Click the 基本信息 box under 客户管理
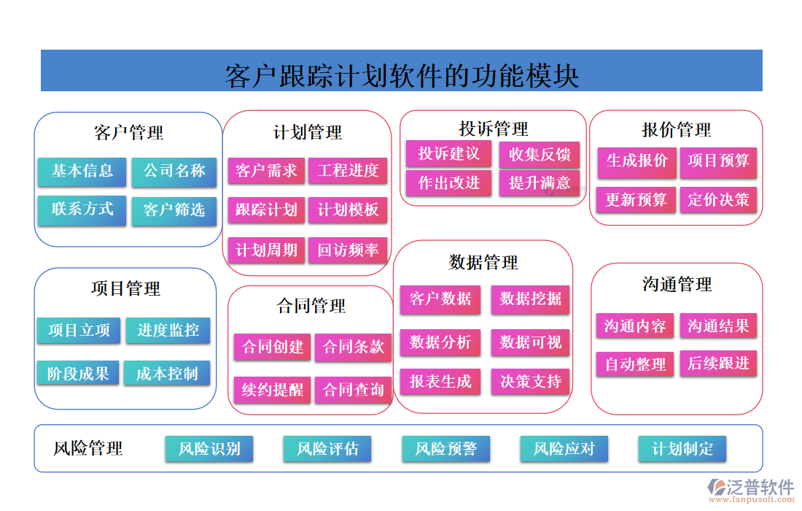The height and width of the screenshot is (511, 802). [82, 172]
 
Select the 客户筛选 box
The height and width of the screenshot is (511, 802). [174, 210]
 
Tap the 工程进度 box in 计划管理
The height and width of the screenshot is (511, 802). [348, 171]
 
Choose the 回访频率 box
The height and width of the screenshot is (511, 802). [348, 250]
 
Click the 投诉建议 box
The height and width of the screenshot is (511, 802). [448, 154]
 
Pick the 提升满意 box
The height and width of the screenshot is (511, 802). [540, 182]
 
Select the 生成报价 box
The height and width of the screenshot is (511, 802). [636, 161]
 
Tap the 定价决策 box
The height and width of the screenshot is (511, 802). [718, 200]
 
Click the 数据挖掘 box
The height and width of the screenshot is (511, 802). [531, 299]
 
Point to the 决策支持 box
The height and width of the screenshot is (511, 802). [531, 381]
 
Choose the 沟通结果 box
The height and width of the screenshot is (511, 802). [718, 326]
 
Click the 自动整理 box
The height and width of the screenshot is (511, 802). [635, 364]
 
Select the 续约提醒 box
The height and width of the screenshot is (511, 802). [273, 390]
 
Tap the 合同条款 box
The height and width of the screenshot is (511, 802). [354, 347]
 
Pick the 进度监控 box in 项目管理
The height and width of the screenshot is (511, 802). [168, 330]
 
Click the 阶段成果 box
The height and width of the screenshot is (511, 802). [78, 374]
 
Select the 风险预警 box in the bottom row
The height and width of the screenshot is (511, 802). [445, 448]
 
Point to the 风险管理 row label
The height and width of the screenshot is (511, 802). [88, 448]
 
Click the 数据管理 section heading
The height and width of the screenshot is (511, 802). [483, 262]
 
